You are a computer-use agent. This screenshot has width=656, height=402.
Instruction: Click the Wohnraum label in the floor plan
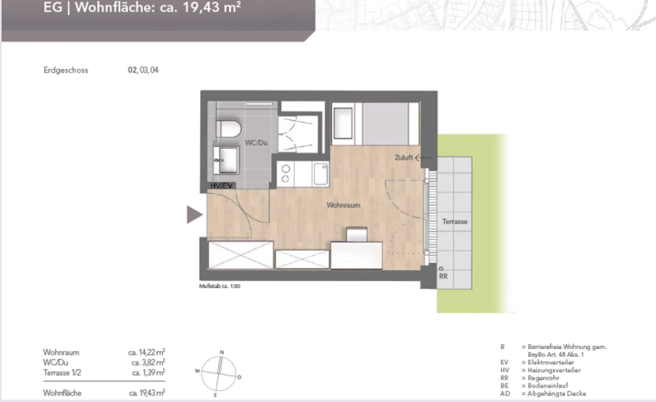point(343,205)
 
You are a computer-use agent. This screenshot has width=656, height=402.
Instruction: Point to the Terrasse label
point(454,222)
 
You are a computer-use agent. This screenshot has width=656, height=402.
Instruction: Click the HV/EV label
point(222,185)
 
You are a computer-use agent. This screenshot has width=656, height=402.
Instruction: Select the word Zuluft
point(404,158)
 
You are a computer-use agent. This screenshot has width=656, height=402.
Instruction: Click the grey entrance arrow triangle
point(194,214)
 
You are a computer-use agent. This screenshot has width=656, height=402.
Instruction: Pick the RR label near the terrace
point(443,277)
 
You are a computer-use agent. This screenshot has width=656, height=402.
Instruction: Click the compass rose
point(221,372)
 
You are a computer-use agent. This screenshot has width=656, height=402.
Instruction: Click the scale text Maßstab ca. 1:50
point(219,286)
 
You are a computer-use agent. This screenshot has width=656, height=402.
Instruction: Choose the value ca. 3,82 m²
point(148,362)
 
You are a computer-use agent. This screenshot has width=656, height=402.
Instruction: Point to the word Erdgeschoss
point(66,70)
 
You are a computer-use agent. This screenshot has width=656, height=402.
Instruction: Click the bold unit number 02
point(132,70)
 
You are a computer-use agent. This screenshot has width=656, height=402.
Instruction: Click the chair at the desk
point(357,234)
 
